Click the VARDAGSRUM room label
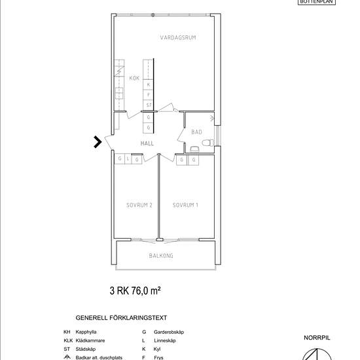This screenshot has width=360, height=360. [x=178, y=38]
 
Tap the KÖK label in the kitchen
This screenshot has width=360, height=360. [x=135, y=79]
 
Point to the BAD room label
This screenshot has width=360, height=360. [x=196, y=132]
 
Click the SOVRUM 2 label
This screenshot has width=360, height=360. [x=139, y=205]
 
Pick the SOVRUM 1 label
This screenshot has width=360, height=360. [x=185, y=205]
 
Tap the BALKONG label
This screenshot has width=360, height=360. [x=161, y=256]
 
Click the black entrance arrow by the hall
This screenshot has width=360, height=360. [x=97, y=142]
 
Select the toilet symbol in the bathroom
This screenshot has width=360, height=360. [x=208, y=143]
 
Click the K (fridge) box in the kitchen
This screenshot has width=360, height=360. [x=149, y=84]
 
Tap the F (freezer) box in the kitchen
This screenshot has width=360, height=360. [x=149, y=94]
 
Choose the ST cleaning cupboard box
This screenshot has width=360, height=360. [x=149, y=105]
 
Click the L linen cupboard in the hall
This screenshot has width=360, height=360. [x=128, y=159]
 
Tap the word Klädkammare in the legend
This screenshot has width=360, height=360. [x=90, y=341]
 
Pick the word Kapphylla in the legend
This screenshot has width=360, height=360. [x=87, y=333]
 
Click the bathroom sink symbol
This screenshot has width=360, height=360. [x=194, y=150]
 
